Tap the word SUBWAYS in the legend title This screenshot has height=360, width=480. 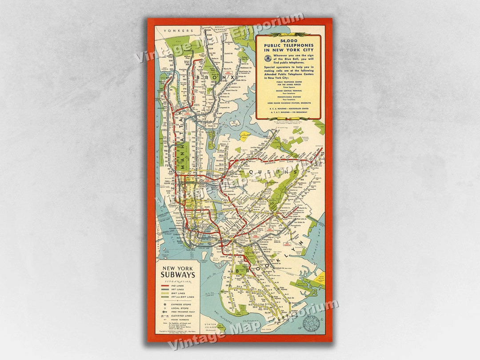[x=178, y=275]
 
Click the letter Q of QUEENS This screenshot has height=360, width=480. [x=252, y=171]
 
